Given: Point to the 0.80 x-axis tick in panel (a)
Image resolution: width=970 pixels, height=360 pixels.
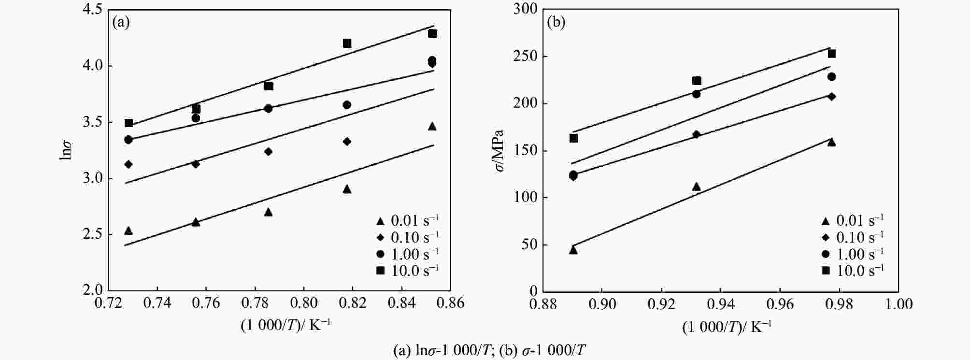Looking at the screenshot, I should click(303, 303).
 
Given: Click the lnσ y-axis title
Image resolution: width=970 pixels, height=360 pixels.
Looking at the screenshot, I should click(67, 150).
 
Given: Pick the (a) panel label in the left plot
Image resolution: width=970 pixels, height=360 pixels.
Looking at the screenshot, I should click(121, 23).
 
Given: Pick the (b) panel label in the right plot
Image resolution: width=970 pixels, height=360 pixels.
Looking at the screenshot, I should click(556, 23).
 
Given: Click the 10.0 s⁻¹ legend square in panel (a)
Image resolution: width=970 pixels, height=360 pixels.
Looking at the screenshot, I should click(381, 271).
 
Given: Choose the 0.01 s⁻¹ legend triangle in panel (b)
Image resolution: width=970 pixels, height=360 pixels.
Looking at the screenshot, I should click(826, 221).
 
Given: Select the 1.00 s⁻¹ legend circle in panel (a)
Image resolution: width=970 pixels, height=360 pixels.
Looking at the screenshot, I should click(381, 254).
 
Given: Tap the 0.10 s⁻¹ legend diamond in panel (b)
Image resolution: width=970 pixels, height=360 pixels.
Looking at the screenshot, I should click(826, 238).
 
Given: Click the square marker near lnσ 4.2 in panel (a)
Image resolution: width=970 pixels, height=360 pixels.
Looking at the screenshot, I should click(347, 43).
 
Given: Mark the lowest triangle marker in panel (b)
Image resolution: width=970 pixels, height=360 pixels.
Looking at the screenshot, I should click(573, 250).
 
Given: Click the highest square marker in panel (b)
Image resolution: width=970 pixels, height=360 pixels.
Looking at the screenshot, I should click(832, 54).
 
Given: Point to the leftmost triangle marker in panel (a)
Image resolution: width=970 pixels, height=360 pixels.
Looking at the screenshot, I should click(128, 231).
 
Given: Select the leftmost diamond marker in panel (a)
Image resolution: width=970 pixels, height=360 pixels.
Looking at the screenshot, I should click(128, 164).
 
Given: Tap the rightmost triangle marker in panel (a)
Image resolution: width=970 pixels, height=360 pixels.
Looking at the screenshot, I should click(432, 127).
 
